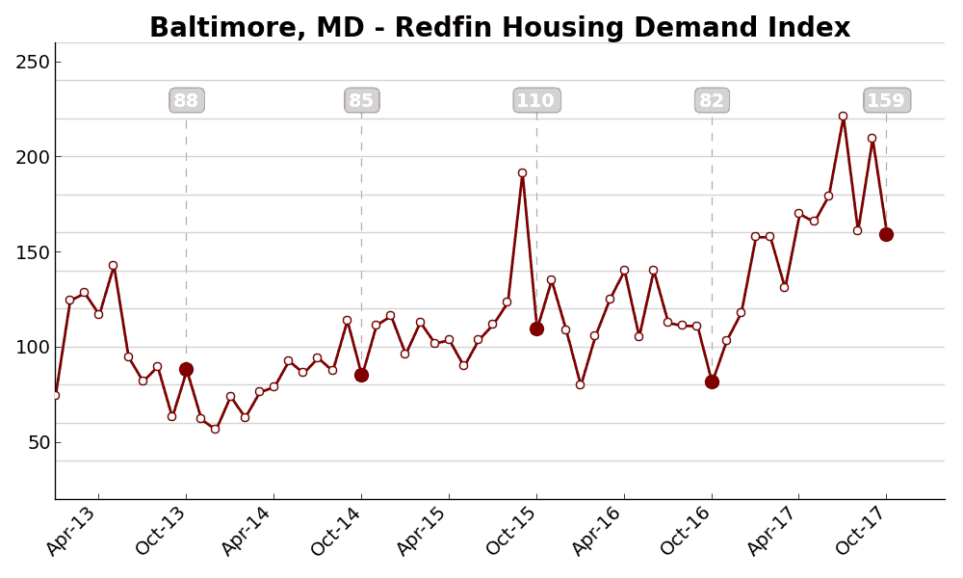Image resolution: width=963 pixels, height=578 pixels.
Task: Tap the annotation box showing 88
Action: click(x=186, y=100)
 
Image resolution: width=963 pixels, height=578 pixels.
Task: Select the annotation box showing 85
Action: click(x=361, y=100)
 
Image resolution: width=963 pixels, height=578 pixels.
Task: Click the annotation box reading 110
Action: click(x=535, y=100)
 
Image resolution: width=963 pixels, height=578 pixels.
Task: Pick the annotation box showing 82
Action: click(x=712, y=100)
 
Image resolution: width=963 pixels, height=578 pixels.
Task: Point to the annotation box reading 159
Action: click(x=886, y=100)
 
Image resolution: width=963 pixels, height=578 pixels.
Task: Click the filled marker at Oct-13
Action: click(x=186, y=369)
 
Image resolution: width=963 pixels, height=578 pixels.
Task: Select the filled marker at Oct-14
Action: click(x=361, y=375)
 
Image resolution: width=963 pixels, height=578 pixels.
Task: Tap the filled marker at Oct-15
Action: click(x=536, y=328)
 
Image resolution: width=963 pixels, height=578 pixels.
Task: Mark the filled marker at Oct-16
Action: click(x=712, y=381)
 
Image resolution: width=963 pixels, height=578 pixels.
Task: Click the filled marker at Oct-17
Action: click(x=886, y=234)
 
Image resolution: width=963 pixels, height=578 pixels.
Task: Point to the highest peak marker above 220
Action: click(x=843, y=116)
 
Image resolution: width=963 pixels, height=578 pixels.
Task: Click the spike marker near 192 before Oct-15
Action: click(x=522, y=172)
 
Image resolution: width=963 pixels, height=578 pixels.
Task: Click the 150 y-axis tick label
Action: click(x=33, y=252)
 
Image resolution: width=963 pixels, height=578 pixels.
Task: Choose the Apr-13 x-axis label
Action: click(x=72, y=531)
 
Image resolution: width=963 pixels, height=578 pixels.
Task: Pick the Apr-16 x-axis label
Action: click(x=598, y=531)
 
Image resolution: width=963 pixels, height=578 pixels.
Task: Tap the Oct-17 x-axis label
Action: click(x=861, y=531)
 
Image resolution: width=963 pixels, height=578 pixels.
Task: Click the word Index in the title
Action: click(x=811, y=28)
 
